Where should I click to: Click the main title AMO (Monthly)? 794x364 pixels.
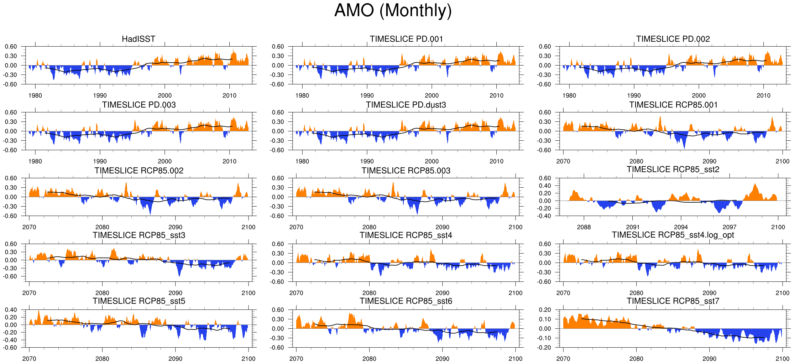pyautogui.click(x=393, y=11)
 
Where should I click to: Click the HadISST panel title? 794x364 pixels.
pyautogui.click(x=139, y=39)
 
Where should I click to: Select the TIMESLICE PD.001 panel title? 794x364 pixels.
pyautogui.click(x=406, y=39)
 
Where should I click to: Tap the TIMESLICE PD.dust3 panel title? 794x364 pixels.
pyautogui.click(x=406, y=105)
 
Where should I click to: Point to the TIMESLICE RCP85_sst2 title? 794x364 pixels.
pyautogui.click(x=673, y=169)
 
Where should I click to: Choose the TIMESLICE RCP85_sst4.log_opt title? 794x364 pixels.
pyautogui.click(x=673, y=235)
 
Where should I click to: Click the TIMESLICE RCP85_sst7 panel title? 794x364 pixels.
pyautogui.click(x=673, y=301)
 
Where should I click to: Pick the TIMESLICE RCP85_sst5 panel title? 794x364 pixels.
pyautogui.click(x=139, y=301)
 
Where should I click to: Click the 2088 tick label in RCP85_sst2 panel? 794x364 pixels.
pyautogui.click(x=584, y=227)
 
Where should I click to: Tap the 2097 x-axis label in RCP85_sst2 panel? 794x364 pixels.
pyautogui.click(x=730, y=227)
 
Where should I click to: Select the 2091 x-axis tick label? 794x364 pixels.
pyautogui.click(x=633, y=227)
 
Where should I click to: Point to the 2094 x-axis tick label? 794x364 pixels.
pyautogui.click(x=681, y=227)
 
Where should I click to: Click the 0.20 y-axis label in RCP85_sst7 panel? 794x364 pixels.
pyautogui.click(x=545, y=310)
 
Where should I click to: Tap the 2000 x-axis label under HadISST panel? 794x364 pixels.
pyautogui.click(x=164, y=95)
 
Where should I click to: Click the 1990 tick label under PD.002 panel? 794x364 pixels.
pyautogui.click(x=634, y=95)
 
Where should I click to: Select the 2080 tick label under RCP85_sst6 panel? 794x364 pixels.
pyautogui.click(x=369, y=359)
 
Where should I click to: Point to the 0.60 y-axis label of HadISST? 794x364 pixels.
pyautogui.click(x=11, y=47)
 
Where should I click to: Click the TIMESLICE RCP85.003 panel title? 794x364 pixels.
pyautogui.click(x=406, y=171)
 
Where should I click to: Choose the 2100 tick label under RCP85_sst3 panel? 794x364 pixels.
pyautogui.click(x=249, y=293)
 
